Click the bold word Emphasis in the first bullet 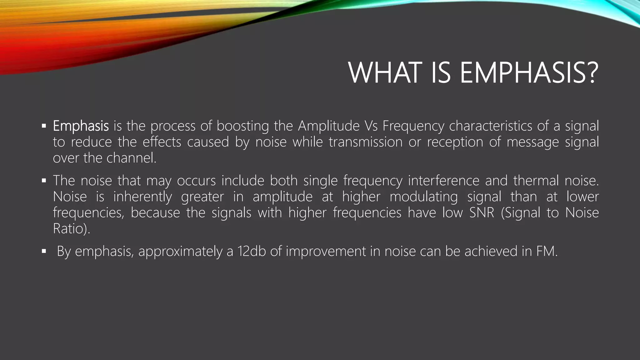point(81,126)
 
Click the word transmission point(365,142)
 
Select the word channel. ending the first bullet point(131,158)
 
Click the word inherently point(142,197)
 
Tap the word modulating point(423,197)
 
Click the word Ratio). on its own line point(72,229)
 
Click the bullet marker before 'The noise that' point(44,181)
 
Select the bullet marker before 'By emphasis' point(44,251)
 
